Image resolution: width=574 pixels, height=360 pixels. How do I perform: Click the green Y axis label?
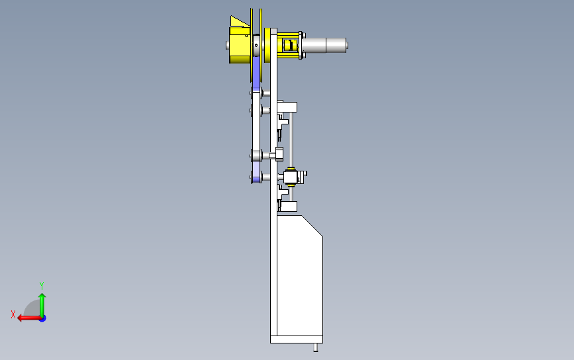(42, 285)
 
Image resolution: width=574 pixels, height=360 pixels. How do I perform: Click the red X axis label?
(13, 314)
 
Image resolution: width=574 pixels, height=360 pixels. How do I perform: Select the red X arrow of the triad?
(29, 318)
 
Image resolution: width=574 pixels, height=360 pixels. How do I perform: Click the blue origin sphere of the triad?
(43, 318)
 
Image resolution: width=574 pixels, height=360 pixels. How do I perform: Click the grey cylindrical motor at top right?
(324, 45)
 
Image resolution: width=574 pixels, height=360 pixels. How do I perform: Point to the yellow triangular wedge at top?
(240, 21)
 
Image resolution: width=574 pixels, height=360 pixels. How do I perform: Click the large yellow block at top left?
(240, 45)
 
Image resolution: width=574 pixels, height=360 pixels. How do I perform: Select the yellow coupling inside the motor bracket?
(289, 46)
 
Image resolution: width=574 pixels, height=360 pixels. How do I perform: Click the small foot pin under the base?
(316, 347)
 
